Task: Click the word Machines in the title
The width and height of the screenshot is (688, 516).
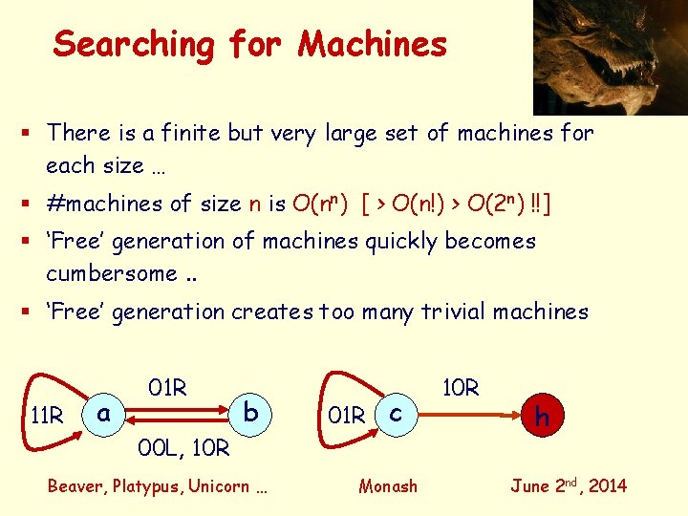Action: pyautogui.click(x=372, y=44)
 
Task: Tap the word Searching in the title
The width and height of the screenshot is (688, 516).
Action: pyautogui.click(x=135, y=45)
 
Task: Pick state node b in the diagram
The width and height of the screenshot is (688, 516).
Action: pyautogui.click(x=250, y=412)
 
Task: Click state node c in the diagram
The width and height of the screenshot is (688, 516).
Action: pyautogui.click(x=394, y=413)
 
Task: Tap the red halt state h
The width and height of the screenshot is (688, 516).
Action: pyautogui.click(x=542, y=416)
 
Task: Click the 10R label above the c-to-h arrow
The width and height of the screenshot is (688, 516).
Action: pyautogui.click(x=460, y=388)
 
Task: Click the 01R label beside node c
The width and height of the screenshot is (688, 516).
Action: pyautogui.click(x=347, y=416)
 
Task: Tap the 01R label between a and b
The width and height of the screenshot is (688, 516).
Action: pyautogui.click(x=167, y=388)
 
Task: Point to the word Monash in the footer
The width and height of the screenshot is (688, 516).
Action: pyautogui.click(x=388, y=486)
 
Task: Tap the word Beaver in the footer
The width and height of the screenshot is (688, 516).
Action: pyautogui.click(x=75, y=486)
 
